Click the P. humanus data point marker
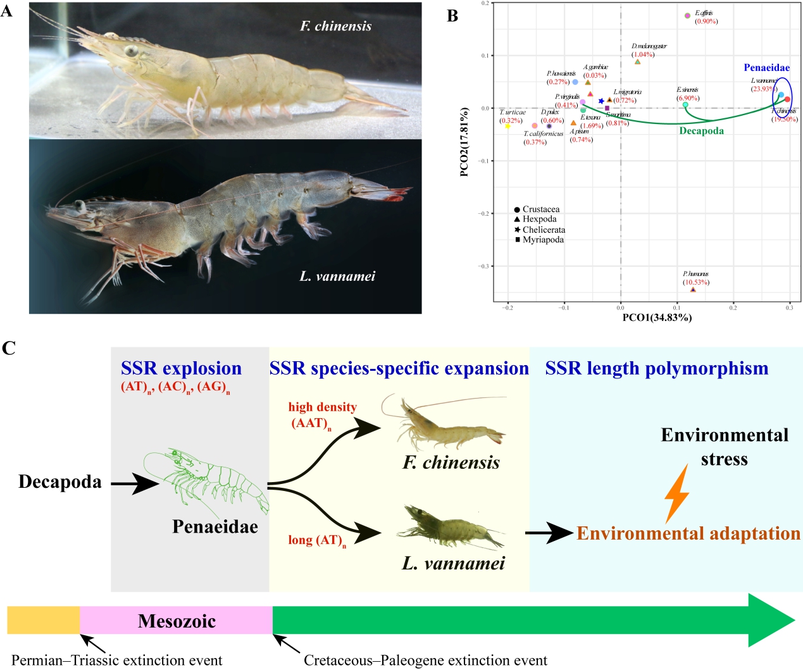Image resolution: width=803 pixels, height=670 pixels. coord(693,290)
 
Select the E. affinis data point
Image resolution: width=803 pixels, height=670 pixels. coord(688,16)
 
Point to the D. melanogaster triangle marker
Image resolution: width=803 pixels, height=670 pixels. coord(638,61)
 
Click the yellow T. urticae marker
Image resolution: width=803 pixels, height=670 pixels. coord(507,126)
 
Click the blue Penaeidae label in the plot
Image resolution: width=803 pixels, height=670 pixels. coord(766,68)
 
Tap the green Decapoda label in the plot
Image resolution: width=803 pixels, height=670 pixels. coord(701,131)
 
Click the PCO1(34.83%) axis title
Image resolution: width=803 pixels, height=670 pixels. coord(657,318)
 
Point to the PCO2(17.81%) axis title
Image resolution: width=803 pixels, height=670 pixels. coord(464,142)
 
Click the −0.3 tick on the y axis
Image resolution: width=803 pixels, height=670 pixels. coord(483,266)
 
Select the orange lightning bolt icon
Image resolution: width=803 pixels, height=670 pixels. coord(677,493)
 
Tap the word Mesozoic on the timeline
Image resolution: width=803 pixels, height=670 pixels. coord(177,621)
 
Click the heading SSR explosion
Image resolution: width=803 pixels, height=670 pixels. coord(181,368)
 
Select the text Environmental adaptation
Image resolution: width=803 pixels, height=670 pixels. coord(688,533)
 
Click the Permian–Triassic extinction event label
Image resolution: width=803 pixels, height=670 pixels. coord(117,661)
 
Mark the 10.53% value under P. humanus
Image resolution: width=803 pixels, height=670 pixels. coord(696,282)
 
